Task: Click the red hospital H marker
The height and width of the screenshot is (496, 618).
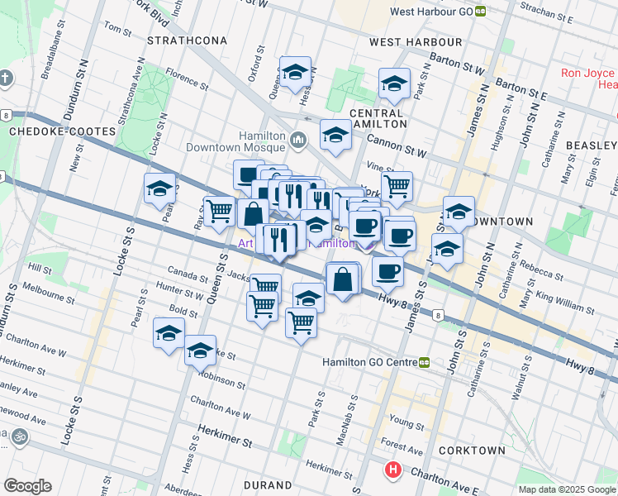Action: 393,471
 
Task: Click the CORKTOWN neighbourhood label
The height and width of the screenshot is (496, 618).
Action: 472,451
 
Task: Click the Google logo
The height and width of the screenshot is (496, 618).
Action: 27,486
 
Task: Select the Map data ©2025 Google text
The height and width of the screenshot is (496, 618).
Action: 566,489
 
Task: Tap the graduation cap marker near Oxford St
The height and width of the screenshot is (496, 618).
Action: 295,73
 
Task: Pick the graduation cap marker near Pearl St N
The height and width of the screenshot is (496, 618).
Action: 159,189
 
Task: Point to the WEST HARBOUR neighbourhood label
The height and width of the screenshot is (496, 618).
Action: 415,42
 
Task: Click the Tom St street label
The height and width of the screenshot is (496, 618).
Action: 112,29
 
